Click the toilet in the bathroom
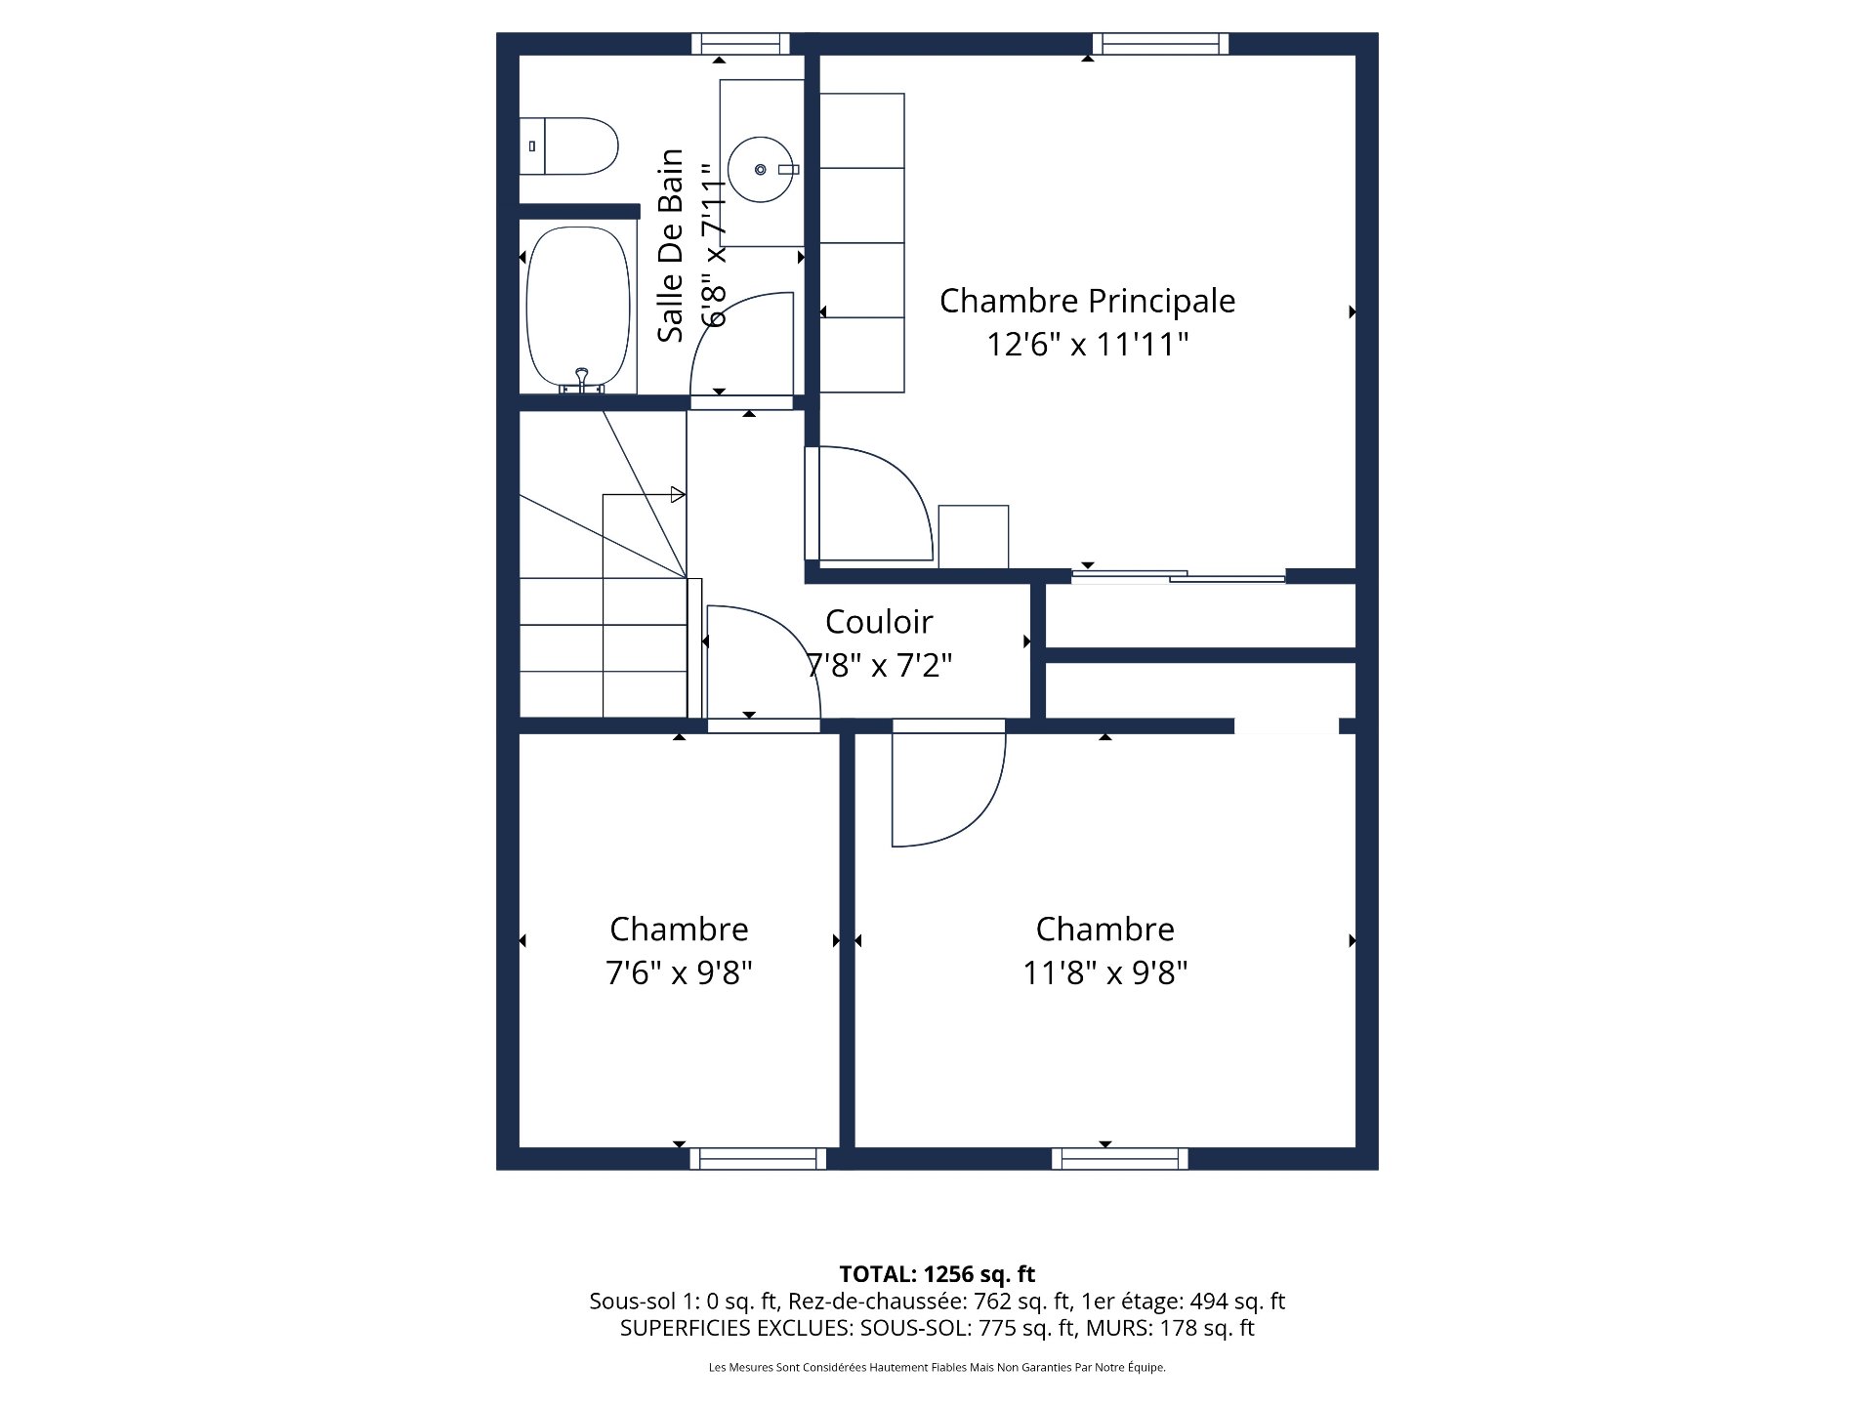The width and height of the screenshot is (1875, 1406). click(x=569, y=146)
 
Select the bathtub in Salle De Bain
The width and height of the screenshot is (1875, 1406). click(x=578, y=308)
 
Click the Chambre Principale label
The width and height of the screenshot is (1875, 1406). click(x=1087, y=301)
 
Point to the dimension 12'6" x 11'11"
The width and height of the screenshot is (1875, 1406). click(x=1087, y=345)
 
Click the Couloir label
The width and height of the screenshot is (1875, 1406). click(x=879, y=622)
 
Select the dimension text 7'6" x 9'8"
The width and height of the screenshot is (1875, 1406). click(x=679, y=973)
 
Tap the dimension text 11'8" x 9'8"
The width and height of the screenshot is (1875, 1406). click(x=1104, y=973)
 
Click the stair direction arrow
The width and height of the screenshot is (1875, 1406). click(x=678, y=495)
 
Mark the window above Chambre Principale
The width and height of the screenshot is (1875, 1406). click(x=1160, y=44)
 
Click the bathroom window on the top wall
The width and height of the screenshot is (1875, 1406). click(x=740, y=44)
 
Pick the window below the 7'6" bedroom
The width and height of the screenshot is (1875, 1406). click(x=758, y=1159)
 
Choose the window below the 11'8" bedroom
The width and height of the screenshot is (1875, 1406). click(x=1120, y=1159)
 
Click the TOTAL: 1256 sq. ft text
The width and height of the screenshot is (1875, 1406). click(x=937, y=1274)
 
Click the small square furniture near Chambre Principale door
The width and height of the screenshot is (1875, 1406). click(x=973, y=536)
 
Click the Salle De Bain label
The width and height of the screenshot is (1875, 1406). click(x=670, y=246)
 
